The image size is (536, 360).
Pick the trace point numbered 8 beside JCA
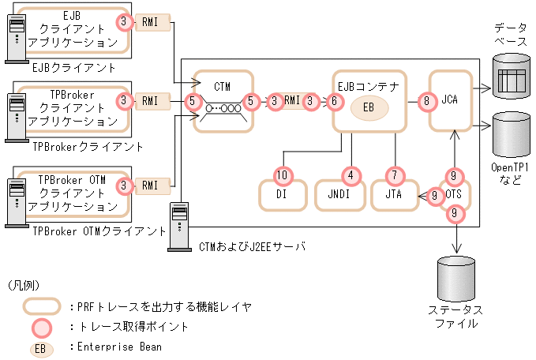[426, 101]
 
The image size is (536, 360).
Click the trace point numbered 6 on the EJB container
[335, 101]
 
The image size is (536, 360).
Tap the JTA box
[392, 195]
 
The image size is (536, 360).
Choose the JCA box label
[449, 101]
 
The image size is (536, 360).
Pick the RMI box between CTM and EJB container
[292, 101]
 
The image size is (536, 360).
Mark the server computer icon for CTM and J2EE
[178, 224]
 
